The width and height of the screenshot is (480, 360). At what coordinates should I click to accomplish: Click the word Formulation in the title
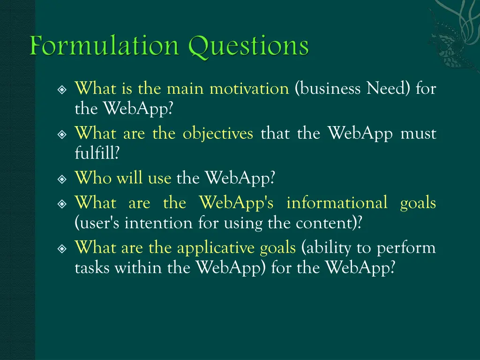coord(105,47)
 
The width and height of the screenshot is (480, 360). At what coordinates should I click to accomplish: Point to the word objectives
coord(217,134)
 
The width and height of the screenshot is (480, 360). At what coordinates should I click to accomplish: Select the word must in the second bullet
coord(418,134)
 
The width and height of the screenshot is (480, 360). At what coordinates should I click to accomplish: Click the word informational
coord(337,203)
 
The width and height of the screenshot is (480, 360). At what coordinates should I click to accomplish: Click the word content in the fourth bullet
coord(326,223)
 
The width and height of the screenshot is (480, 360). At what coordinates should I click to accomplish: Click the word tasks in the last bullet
coord(92,268)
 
